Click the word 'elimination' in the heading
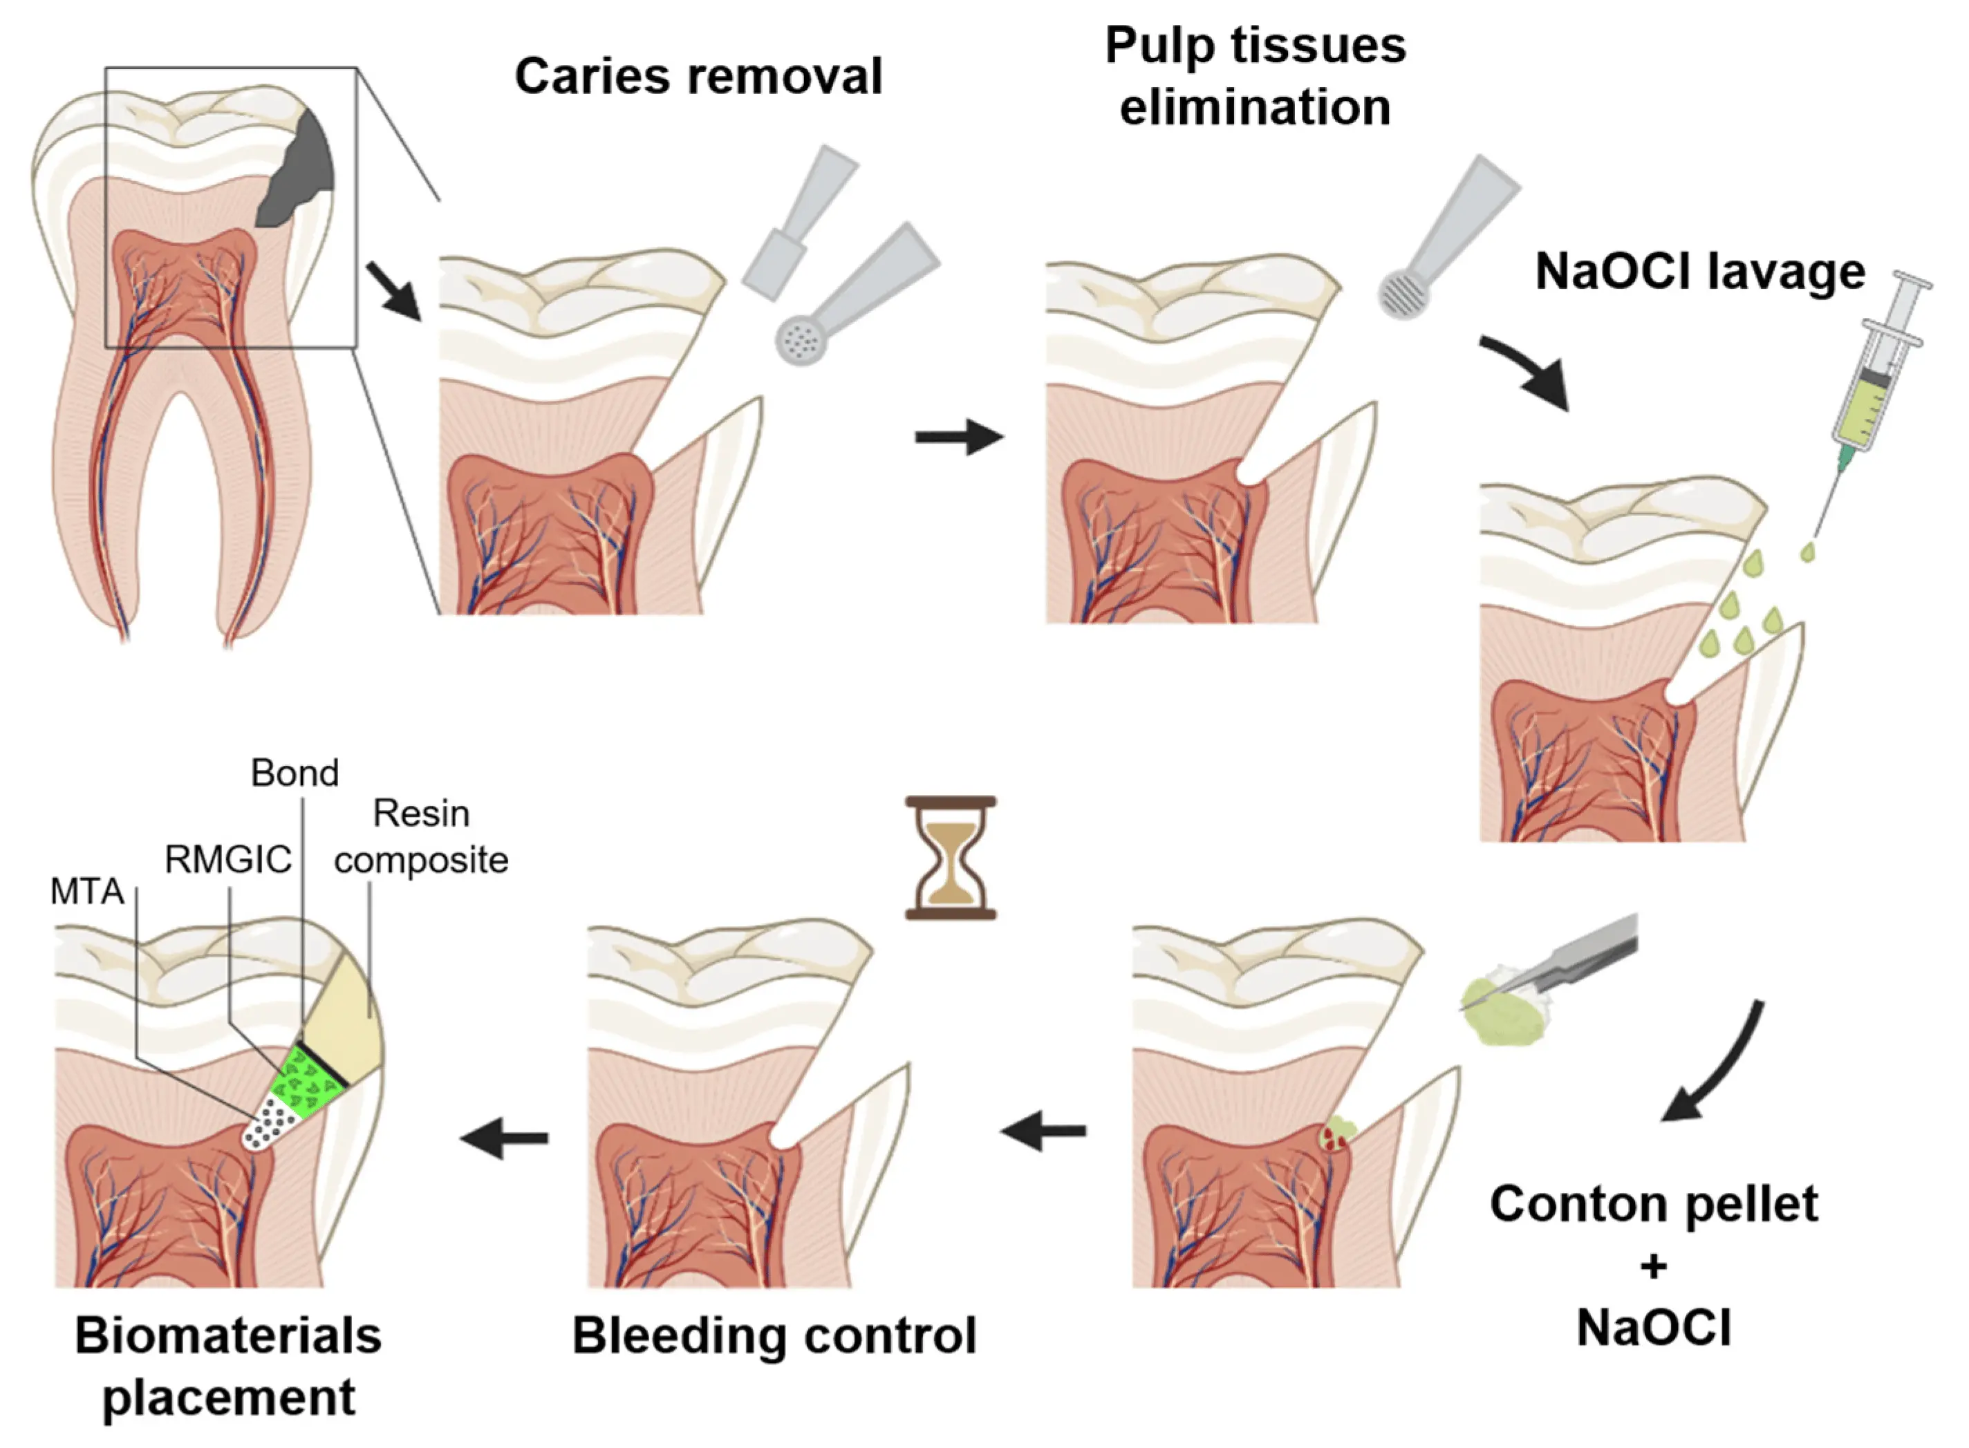coord(1255,108)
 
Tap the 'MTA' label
coord(87,892)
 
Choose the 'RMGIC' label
coord(228,860)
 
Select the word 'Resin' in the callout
coord(421,814)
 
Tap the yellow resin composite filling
coord(346,1021)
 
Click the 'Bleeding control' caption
coord(774,1337)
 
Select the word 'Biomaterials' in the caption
coord(228,1337)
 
